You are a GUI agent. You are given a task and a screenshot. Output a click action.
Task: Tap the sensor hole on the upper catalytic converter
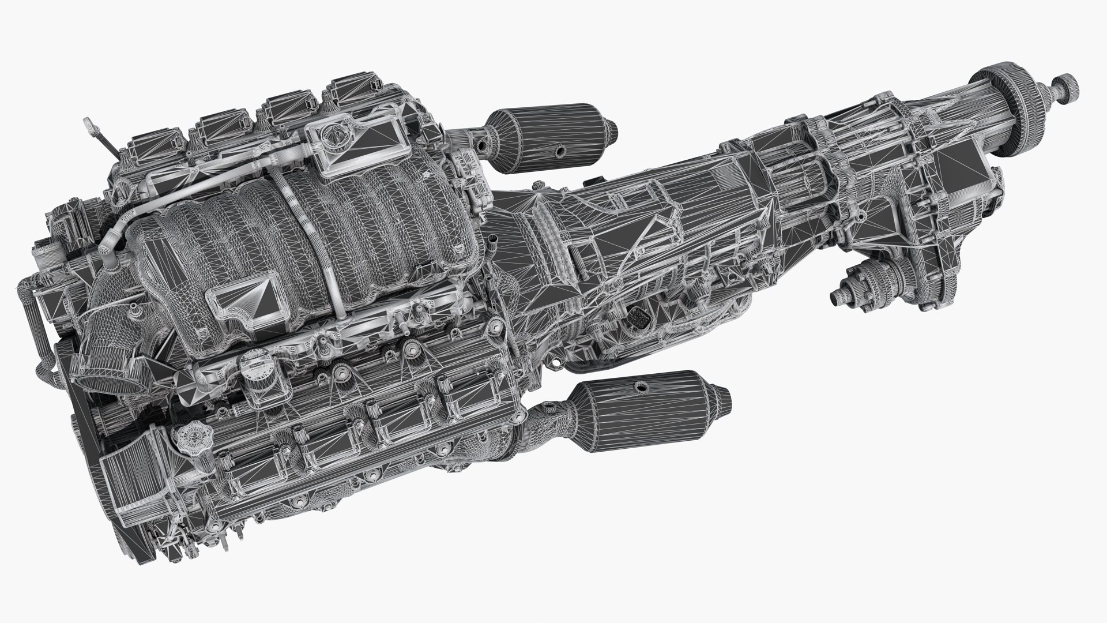tap(559, 152)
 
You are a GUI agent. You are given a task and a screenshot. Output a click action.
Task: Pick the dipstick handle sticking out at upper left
tap(89, 123)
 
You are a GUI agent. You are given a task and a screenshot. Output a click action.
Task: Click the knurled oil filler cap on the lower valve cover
tap(187, 435)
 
